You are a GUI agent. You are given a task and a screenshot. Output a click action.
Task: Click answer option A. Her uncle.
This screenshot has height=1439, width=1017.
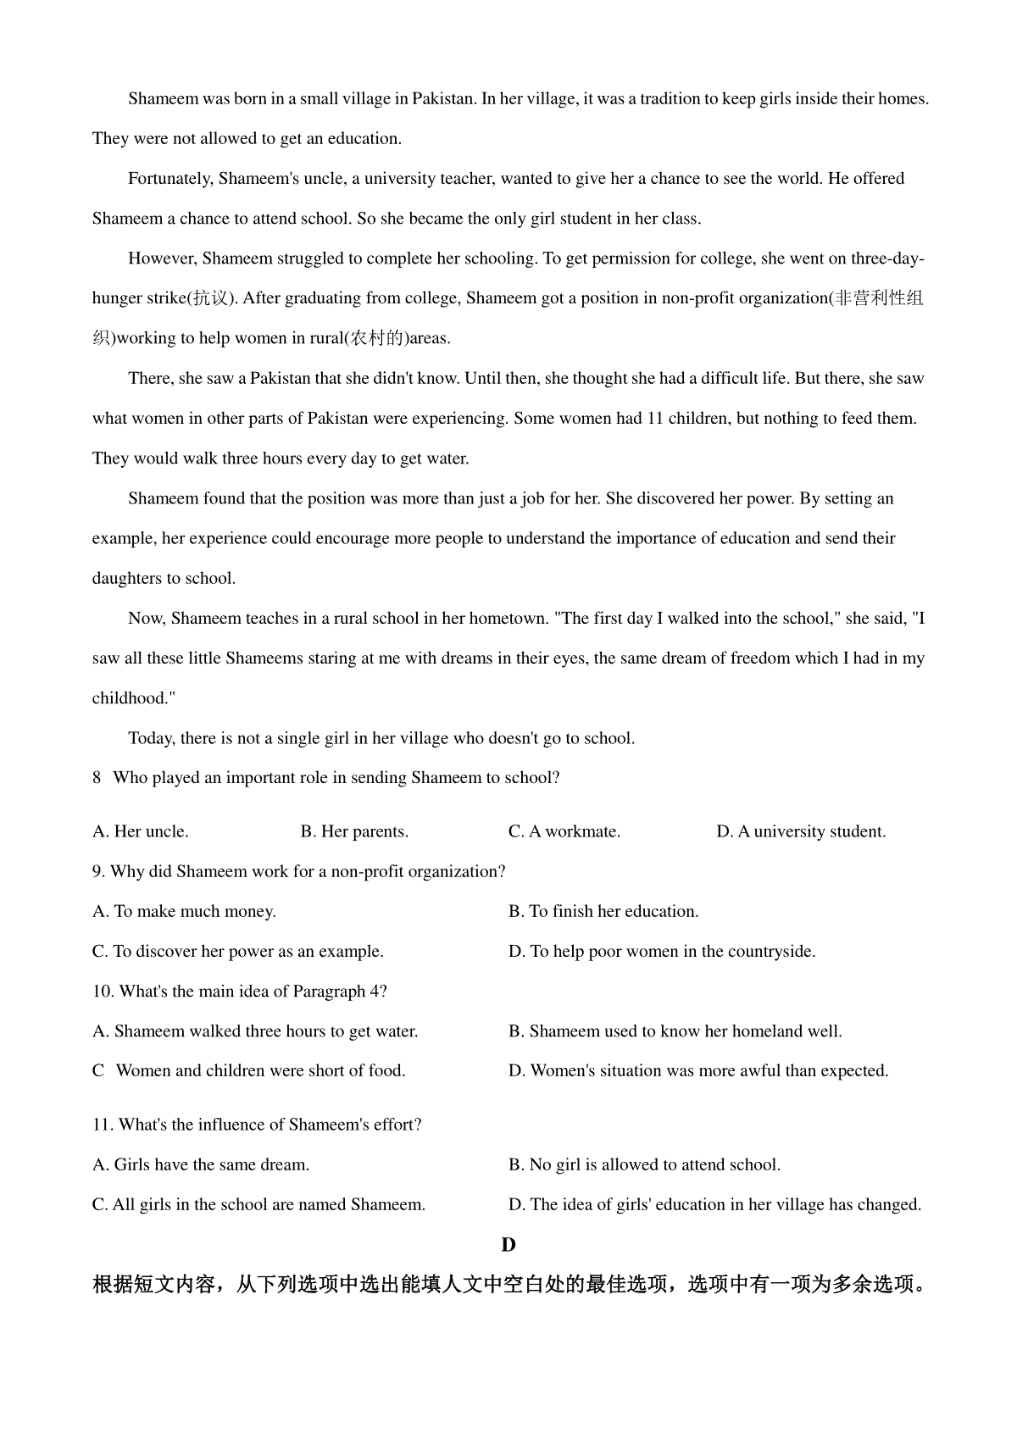140,831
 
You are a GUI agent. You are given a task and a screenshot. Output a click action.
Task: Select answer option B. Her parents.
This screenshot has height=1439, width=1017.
354,831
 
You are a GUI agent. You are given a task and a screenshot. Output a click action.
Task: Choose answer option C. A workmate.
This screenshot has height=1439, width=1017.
564,831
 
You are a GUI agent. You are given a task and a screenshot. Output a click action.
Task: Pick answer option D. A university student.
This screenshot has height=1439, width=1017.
801,831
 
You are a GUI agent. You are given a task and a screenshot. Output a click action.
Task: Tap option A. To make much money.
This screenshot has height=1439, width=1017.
184,911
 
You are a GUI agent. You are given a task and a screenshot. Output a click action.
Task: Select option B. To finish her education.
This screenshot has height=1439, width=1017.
603,911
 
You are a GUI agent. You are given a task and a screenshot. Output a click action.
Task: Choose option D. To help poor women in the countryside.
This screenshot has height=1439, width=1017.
662,951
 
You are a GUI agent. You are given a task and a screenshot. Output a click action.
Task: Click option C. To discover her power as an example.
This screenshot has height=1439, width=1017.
237,951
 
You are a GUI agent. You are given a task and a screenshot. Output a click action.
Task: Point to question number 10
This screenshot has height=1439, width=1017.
103,991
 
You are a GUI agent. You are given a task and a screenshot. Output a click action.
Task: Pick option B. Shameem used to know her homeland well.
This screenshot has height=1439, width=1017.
675,1031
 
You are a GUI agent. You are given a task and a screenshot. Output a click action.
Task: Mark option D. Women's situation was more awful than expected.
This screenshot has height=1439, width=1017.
698,1070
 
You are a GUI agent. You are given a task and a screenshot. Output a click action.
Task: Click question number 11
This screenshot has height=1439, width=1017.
103,1125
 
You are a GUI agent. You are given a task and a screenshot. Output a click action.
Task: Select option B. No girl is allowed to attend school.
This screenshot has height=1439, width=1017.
644,1164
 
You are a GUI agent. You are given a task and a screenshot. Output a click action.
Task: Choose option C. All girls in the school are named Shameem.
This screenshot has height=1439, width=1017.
258,1204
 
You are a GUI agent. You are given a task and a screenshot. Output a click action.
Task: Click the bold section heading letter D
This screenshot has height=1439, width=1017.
508,1244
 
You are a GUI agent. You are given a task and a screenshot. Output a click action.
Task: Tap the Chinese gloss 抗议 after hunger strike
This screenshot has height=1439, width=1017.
209,298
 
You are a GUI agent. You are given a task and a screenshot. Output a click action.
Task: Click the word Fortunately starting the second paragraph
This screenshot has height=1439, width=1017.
170,178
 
